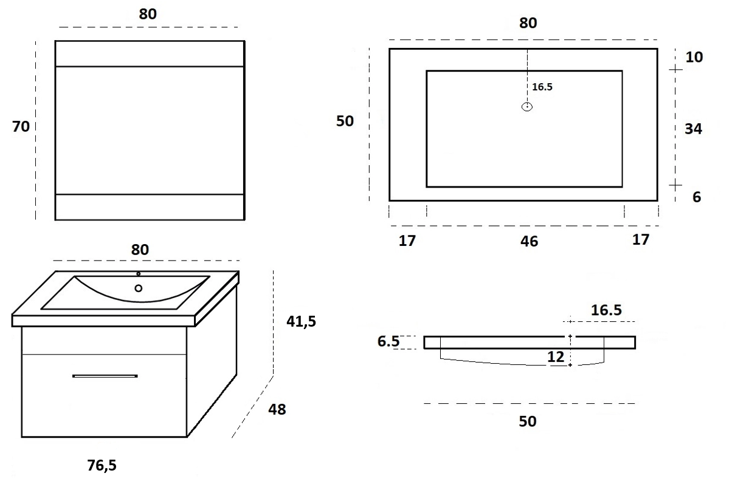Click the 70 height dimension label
(21, 126)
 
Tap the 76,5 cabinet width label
(102, 466)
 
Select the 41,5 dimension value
(301, 322)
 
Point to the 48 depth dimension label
(277, 409)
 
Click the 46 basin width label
(530, 242)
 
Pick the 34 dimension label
(693, 129)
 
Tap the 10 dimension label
(694, 57)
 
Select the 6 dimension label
(697, 197)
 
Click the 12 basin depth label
(556, 357)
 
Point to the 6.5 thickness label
(388, 341)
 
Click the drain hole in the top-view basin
(527, 107)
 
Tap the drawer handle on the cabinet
(105, 376)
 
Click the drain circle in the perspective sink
(139, 288)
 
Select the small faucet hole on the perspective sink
(139, 274)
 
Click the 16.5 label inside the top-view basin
(542, 87)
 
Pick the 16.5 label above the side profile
(606, 310)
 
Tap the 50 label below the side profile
(528, 421)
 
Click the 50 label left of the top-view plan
(345, 121)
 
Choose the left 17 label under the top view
(407, 241)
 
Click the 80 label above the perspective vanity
(140, 250)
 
